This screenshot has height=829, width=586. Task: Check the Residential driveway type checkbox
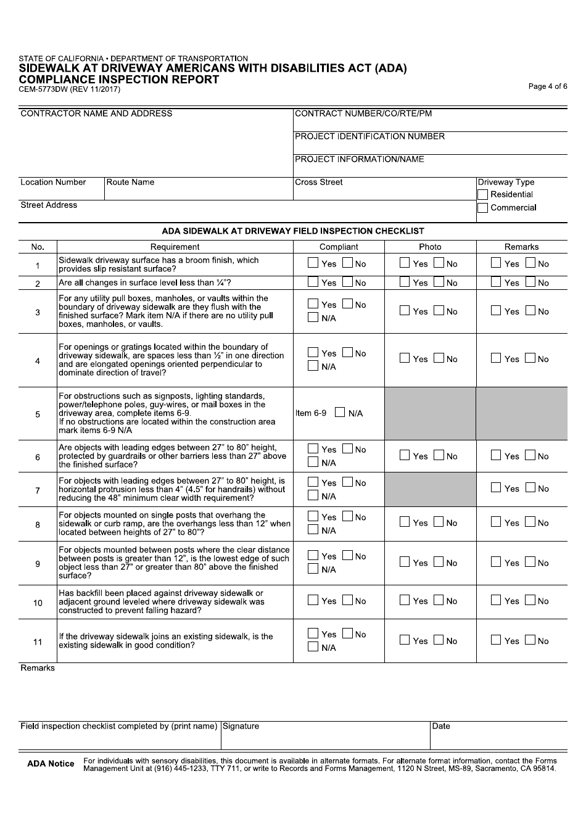click(x=483, y=195)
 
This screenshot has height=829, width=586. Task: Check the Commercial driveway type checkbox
click(x=483, y=208)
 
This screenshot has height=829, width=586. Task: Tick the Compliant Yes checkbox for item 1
click(x=313, y=263)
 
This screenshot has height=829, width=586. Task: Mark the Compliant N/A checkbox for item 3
click(x=313, y=318)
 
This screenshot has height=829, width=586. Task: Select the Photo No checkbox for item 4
click(x=439, y=358)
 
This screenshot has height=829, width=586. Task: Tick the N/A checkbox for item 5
click(x=340, y=413)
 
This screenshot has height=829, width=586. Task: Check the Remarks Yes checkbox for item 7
click(x=496, y=488)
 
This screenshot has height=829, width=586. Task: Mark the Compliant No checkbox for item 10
click(x=347, y=600)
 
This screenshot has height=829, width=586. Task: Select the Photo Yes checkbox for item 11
click(x=405, y=640)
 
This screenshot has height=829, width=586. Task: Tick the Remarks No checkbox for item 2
click(x=530, y=283)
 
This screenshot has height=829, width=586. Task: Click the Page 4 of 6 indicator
click(x=547, y=86)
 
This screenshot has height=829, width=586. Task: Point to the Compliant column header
click(x=339, y=247)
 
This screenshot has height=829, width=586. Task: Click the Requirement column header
click(x=175, y=247)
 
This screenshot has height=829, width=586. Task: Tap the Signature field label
click(x=241, y=727)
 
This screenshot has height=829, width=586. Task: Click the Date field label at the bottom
click(x=441, y=727)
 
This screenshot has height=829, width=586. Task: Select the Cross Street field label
click(x=319, y=183)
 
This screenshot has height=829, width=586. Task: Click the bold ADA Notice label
click(x=51, y=764)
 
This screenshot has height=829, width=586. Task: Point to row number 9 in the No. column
click(x=38, y=564)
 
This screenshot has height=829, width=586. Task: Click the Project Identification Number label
click(x=369, y=137)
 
